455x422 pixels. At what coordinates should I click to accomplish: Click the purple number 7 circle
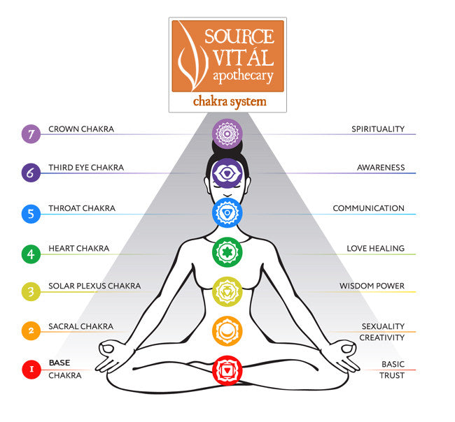(31, 134)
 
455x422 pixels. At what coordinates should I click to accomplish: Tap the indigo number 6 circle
(31, 173)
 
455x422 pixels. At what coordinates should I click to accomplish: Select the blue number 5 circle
(31, 213)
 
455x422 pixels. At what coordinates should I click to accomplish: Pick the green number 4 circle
(31, 253)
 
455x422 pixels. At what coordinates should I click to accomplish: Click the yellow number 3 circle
(31, 292)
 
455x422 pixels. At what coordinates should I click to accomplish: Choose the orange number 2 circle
(31, 331)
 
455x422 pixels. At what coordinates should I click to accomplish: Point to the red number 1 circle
(31, 370)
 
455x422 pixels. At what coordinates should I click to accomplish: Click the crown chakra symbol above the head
(227, 132)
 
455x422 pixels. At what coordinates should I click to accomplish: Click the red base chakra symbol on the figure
(227, 368)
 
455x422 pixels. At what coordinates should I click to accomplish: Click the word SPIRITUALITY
(378, 129)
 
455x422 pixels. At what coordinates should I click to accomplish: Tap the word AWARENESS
(381, 168)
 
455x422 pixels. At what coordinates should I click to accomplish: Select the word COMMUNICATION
(368, 208)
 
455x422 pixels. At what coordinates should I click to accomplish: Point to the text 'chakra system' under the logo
(230, 102)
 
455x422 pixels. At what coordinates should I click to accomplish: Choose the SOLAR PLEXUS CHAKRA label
(94, 286)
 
